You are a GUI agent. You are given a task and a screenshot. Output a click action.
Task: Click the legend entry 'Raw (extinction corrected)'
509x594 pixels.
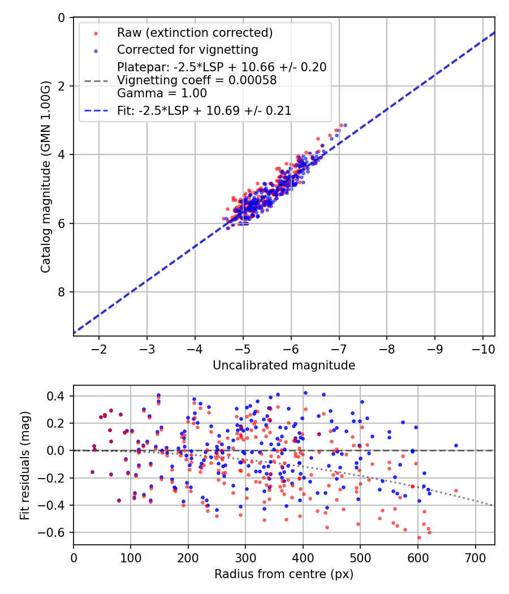[195, 33]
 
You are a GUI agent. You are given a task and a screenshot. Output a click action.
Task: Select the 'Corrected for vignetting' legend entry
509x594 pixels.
[188, 50]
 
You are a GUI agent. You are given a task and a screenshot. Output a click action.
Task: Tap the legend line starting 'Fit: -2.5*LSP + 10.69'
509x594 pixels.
[204, 111]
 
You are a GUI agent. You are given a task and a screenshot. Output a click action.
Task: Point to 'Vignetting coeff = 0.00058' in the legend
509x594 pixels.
[197, 80]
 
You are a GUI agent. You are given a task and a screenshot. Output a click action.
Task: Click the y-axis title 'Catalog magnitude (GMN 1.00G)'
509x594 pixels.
[46, 177]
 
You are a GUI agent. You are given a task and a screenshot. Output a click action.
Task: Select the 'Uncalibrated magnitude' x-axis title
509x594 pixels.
[284, 365]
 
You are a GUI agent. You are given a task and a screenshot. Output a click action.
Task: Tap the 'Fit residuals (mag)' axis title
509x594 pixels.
[24, 466]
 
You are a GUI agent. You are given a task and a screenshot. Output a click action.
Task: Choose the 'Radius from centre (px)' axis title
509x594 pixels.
[284, 574]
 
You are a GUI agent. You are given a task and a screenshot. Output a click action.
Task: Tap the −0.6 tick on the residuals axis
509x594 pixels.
[56, 533]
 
